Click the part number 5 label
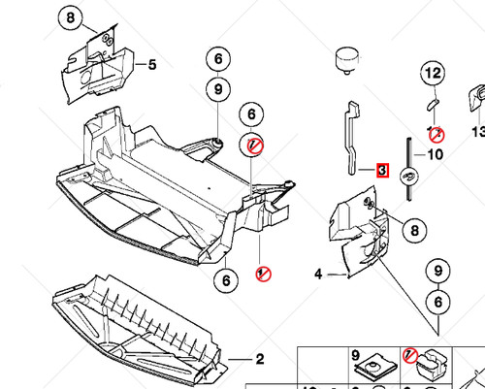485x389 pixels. (x=151, y=65)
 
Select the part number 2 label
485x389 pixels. (x=259, y=360)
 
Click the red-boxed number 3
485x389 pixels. (x=382, y=171)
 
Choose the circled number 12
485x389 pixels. (x=434, y=73)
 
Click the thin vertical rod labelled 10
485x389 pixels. (x=411, y=165)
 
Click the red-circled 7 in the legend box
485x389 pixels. (x=409, y=355)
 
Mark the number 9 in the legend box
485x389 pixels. (x=355, y=355)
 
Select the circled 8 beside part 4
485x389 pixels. (x=413, y=231)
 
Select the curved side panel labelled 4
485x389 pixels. (x=354, y=238)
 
